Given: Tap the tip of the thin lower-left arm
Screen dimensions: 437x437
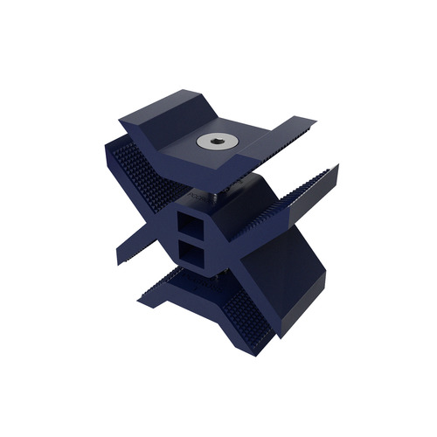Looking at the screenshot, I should (x=121, y=258).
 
